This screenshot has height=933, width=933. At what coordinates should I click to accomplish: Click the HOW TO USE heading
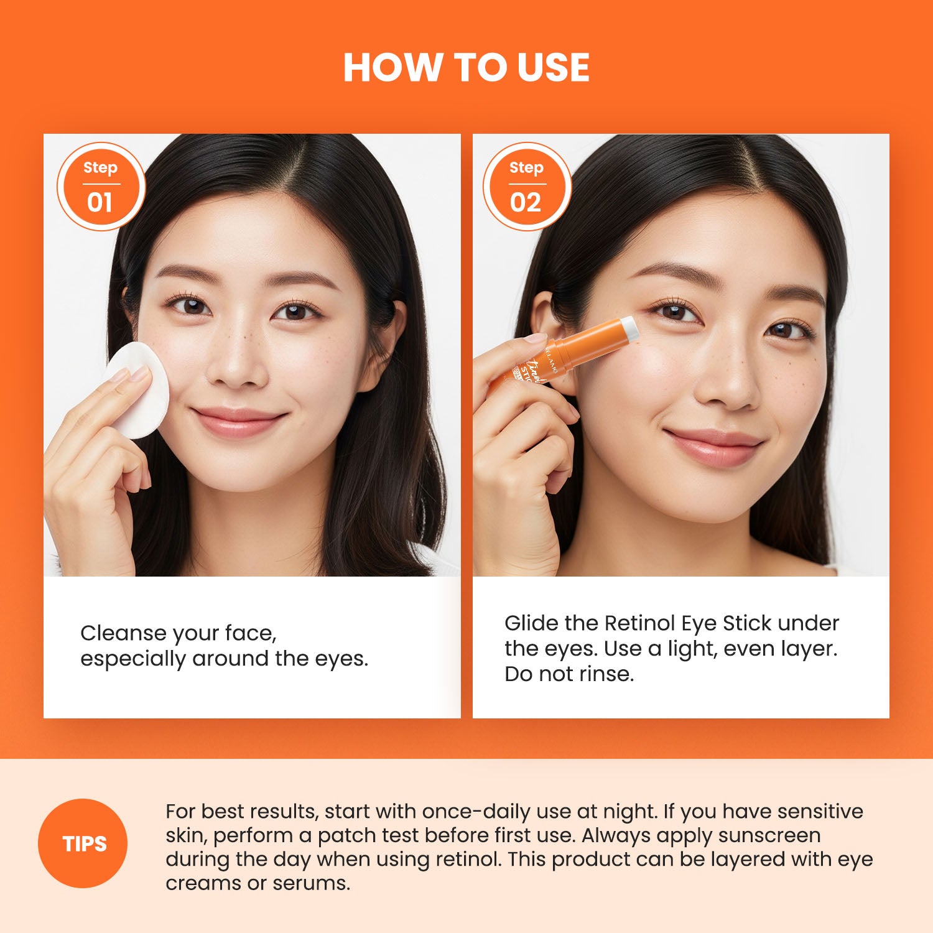[466, 67]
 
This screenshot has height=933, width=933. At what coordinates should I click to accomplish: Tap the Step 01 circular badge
[101, 187]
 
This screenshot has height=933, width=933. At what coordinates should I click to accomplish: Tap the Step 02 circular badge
[527, 187]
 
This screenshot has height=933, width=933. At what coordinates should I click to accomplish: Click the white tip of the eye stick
[629, 327]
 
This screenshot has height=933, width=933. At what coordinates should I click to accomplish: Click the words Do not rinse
[569, 674]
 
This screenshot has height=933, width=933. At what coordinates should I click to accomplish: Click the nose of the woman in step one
[237, 364]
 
